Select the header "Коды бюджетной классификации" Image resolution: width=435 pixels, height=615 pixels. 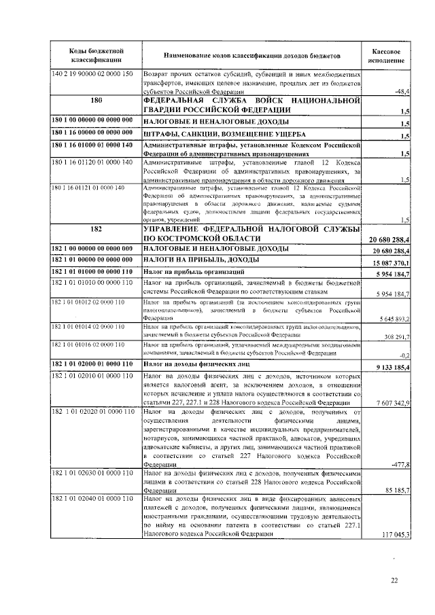(x=96, y=56)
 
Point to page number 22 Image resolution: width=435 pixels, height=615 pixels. (x=394, y=580)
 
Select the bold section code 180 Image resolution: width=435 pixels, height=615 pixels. (x=96, y=100)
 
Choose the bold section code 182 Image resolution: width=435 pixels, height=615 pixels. (x=96, y=230)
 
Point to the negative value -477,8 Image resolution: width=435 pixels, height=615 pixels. (x=398, y=465)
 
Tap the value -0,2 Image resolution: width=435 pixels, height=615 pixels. (x=402, y=355)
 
